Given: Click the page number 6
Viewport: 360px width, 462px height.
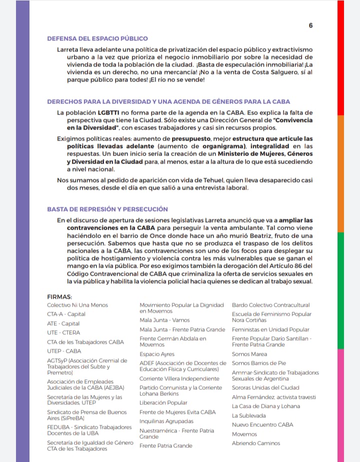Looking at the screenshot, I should [x=310, y=26].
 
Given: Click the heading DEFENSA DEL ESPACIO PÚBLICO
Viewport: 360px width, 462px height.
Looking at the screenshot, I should [x=97, y=39].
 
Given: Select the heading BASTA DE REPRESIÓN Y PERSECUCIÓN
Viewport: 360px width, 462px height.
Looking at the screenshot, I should [x=107, y=209].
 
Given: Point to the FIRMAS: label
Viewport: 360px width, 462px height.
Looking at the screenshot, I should [x=59, y=297].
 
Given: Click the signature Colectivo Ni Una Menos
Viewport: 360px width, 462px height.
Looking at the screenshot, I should [x=77, y=305].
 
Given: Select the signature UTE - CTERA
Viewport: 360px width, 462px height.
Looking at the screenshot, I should [x=63, y=332].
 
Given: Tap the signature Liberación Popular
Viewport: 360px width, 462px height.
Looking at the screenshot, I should [x=163, y=402].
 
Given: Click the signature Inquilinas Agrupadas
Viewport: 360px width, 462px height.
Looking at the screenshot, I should [x=166, y=421].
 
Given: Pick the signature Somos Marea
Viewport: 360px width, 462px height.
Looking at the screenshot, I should [x=249, y=354].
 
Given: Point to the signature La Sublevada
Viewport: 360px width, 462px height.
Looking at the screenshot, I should [x=248, y=415].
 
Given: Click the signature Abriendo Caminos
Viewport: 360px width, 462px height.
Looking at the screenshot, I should [x=256, y=443].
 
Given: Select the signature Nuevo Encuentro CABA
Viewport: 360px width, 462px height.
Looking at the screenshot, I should [x=262, y=424].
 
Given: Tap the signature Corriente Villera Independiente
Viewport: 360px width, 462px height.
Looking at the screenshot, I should [x=179, y=378].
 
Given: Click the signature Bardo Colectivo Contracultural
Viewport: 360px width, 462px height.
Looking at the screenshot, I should [x=270, y=305].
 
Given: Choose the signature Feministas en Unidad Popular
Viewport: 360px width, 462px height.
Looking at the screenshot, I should [x=270, y=329].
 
